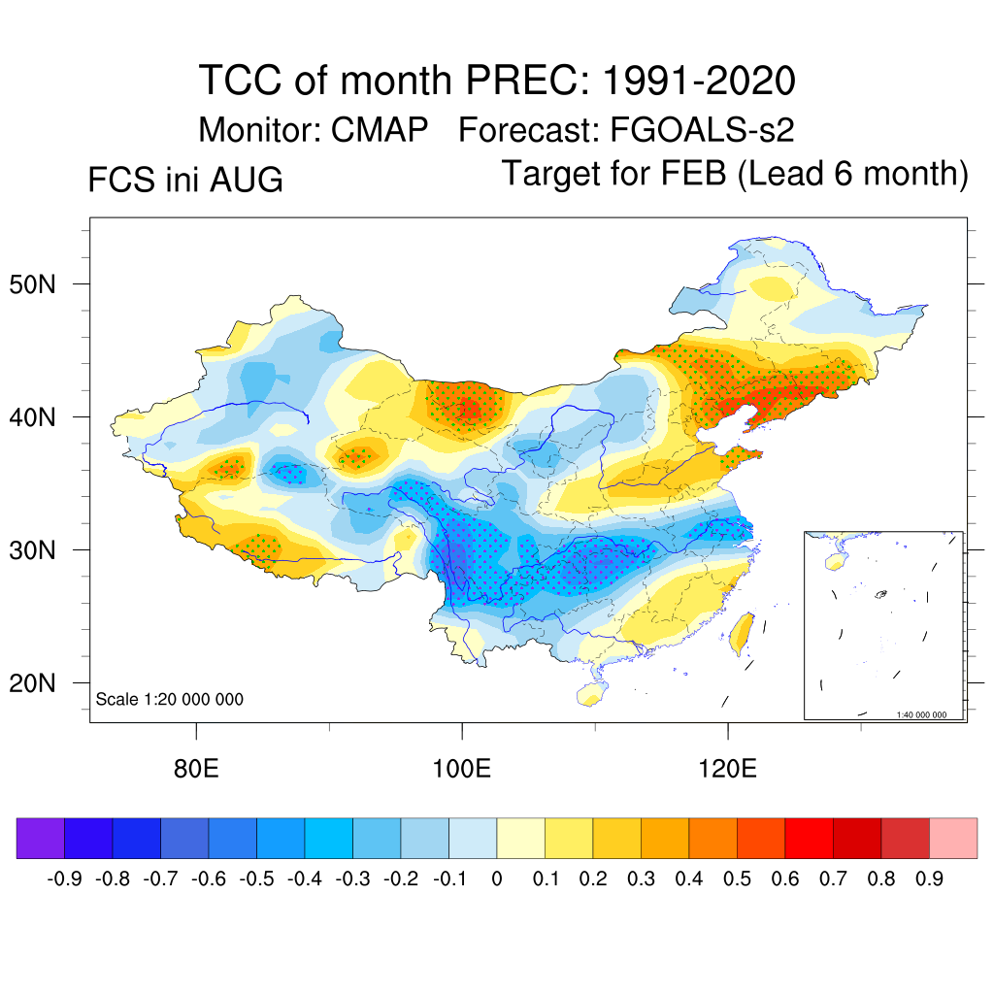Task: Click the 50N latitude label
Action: point(32,284)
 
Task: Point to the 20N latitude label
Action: point(32,683)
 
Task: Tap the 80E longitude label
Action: point(196,769)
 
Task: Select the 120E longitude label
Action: point(728,769)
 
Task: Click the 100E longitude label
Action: point(461,769)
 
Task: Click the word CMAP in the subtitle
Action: point(380,130)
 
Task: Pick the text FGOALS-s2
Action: point(702,130)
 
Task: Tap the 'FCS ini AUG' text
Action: point(185,180)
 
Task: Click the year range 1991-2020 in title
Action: point(699,81)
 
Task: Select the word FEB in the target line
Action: point(693,173)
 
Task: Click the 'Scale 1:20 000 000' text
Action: point(169,699)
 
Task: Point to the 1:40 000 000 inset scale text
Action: point(921,714)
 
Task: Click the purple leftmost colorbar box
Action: point(41,838)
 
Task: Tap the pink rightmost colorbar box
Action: point(953,838)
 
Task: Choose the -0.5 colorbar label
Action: point(256,878)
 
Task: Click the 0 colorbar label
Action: point(497,878)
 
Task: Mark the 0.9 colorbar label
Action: point(929,878)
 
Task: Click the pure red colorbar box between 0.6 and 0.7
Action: point(809,838)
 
